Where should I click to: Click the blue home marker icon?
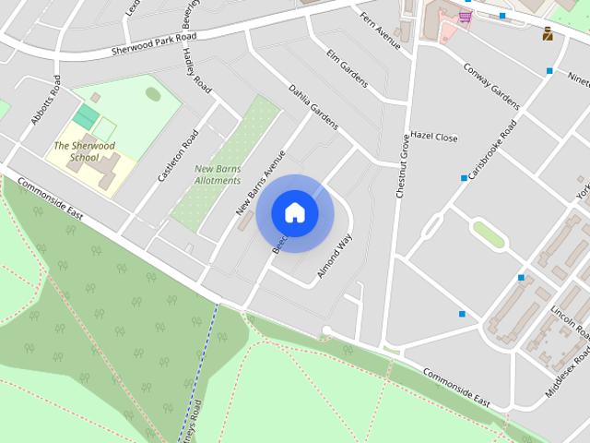point(294,212)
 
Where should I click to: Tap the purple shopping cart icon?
point(466,16)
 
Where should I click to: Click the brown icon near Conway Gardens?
point(548,35)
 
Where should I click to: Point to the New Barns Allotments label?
point(218,174)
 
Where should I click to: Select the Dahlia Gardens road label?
point(313,107)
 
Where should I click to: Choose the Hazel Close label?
point(433,138)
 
